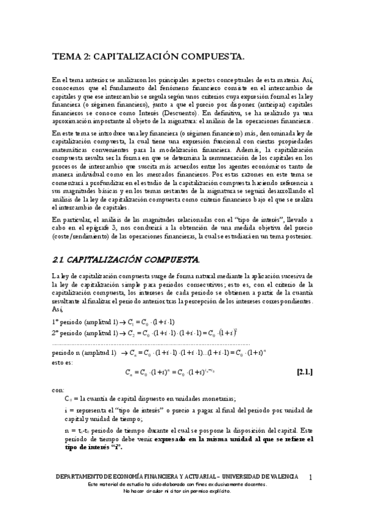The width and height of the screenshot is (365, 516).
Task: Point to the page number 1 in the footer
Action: (311, 477)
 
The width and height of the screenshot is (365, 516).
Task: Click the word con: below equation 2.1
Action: (58, 389)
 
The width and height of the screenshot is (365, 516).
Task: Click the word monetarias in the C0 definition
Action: (217, 399)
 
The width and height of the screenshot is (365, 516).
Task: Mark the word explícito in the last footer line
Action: (217, 491)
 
